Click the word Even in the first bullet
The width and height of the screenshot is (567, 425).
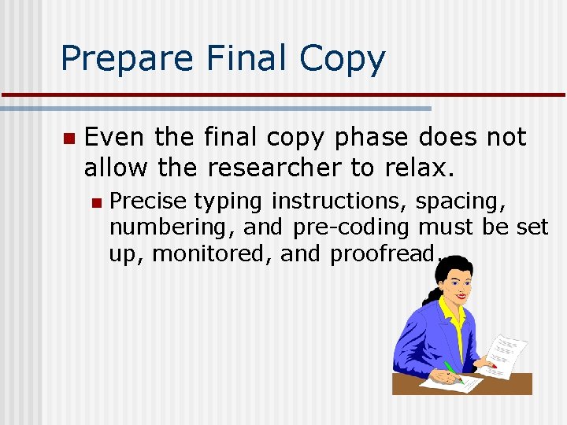click(114, 138)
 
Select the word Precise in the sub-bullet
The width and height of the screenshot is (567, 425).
click(147, 201)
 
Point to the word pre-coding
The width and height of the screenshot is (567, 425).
click(350, 228)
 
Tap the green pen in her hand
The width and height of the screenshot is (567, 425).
click(452, 370)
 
